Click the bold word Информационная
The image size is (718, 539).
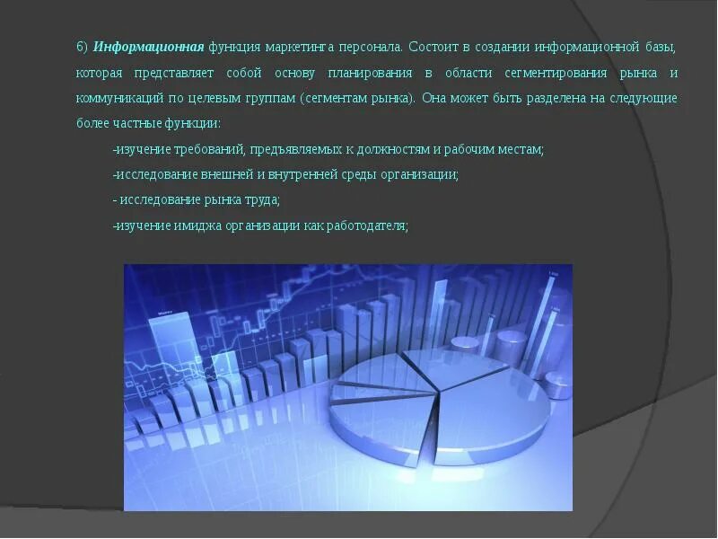(148, 46)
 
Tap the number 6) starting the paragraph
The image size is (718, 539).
(82, 46)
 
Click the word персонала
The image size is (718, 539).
(371, 46)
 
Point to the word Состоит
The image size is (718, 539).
(435, 46)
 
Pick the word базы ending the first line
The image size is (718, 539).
(660, 46)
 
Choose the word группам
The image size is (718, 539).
(269, 98)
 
